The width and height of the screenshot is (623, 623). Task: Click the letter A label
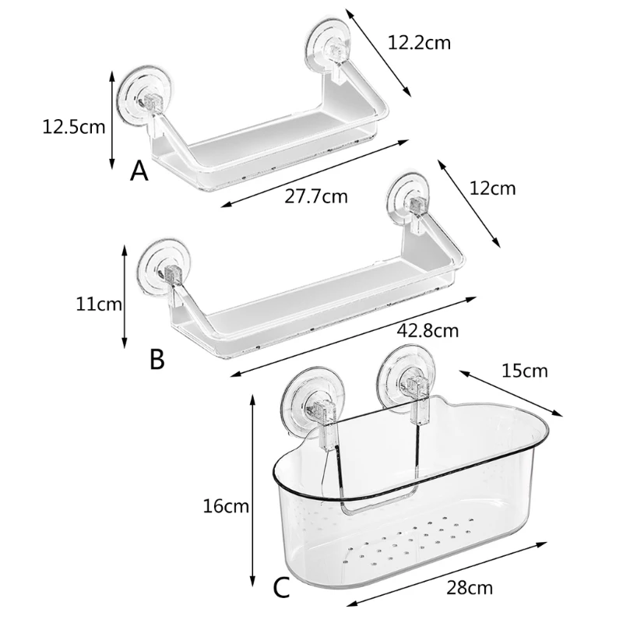(x=139, y=171)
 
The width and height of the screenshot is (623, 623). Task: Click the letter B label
(x=157, y=359)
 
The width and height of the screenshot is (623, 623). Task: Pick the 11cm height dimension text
(x=98, y=304)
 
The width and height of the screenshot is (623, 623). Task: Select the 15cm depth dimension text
(x=524, y=370)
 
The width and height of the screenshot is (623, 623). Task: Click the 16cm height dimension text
(x=226, y=507)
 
